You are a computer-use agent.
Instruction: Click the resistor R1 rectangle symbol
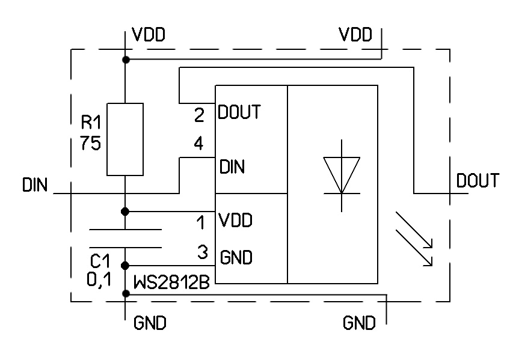coord(125,139)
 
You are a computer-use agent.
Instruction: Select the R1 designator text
coord(93,124)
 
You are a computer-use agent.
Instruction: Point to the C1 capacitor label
coord(100,261)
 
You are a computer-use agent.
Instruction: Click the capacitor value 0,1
coord(100,279)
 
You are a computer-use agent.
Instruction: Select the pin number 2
coord(199,116)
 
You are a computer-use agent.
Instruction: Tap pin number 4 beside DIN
coord(199,144)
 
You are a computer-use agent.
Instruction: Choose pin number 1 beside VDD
coord(201,224)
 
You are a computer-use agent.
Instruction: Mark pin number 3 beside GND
coord(203,252)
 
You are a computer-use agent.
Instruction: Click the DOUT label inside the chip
coord(239,112)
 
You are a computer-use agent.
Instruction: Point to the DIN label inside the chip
coord(232,166)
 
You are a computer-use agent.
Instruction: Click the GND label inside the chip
coord(236,258)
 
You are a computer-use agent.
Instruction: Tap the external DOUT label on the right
coord(478,180)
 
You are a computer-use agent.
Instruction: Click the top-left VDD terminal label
coord(149,34)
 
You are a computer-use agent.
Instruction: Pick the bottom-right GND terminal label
coord(359,323)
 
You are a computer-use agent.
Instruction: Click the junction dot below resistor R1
coord(125,212)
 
